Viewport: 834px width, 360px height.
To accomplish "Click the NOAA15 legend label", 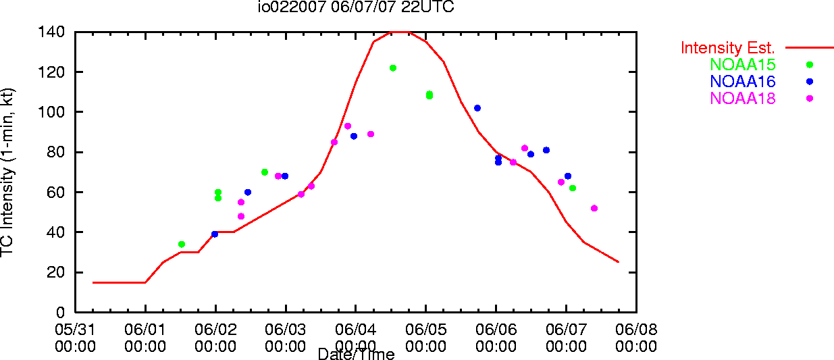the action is pyautogui.click(x=743, y=64).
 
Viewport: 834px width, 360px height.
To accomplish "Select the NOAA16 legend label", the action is pyautogui.click(x=743, y=82).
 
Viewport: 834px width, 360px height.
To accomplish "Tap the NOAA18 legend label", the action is pyautogui.click(x=743, y=99).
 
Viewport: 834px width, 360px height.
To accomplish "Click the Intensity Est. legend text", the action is pyautogui.click(x=727, y=48).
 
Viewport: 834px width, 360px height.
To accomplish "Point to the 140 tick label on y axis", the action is pyautogui.click(x=51, y=32).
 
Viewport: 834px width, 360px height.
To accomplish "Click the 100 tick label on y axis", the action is pyautogui.click(x=51, y=111).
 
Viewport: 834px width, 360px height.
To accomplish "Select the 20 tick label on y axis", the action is pyautogui.click(x=56, y=272).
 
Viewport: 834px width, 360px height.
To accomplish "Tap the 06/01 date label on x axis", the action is pyautogui.click(x=145, y=330).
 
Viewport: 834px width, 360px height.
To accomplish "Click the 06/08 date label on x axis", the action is pyautogui.click(x=636, y=330).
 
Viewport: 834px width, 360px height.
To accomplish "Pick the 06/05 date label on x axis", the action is pyautogui.click(x=426, y=330).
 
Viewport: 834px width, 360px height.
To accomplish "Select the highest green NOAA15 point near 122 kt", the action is pyautogui.click(x=393, y=68).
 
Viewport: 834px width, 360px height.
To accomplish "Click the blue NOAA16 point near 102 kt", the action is pyautogui.click(x=477, y=108).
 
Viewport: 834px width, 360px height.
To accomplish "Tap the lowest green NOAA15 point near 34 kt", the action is pyautogui.click(x=182, y=245).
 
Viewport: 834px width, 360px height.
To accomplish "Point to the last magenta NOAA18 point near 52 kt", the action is pyautogui.click(x=594, y=209).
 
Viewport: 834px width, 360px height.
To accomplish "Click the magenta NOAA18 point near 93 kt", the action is pyautogui.click(x=348, y=126).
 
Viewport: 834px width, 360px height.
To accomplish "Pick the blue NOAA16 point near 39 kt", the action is pyautogui.click(x=215, y=234).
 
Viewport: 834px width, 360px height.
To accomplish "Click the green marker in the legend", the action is pyautogui.click(x=810, y=65).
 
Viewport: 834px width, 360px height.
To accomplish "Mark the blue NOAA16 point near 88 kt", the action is pyautogui.click(x=354, y=136).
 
